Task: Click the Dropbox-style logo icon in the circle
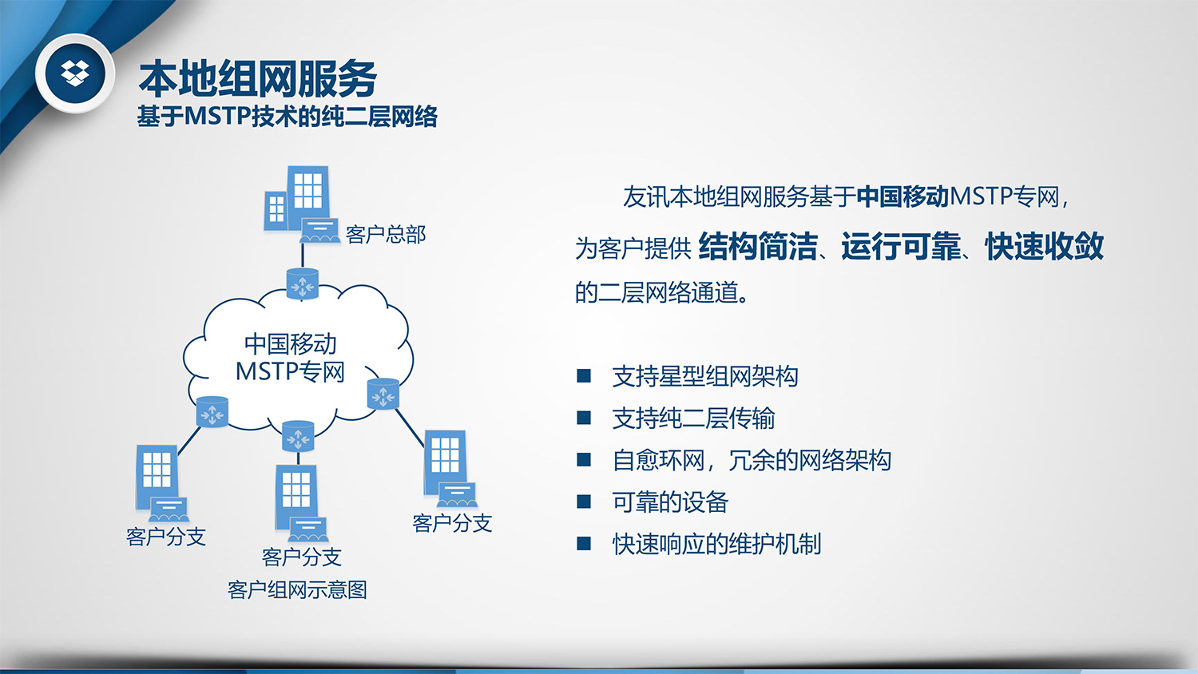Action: [x=75, y=73]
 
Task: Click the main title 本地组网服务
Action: [x=258, y=79]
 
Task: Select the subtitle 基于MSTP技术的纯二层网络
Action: [x=288, y=116]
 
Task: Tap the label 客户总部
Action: [x=386, y=234]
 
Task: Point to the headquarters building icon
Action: [x=302, y=204]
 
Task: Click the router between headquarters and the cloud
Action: [x=302, y=283]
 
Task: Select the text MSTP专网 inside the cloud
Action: [x=290, y=371]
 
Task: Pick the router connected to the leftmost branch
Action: [x=212, y=412]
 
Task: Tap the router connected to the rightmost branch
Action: [x=383, y=394]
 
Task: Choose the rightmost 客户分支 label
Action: [x=452, y=523]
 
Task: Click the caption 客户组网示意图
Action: [x=297, y=590]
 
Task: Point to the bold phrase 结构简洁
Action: [x=758, y=246]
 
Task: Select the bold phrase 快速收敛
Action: [x=1044, y=246]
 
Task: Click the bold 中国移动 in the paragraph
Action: [x=902, y=197]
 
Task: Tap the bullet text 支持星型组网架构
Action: [x=705, y=376]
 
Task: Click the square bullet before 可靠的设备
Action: [x=584, y=502]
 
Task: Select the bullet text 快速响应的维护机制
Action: [x=716, y=544]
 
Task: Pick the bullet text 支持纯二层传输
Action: [x=694, y=418]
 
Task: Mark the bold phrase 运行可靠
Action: [x=901, y=246]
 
